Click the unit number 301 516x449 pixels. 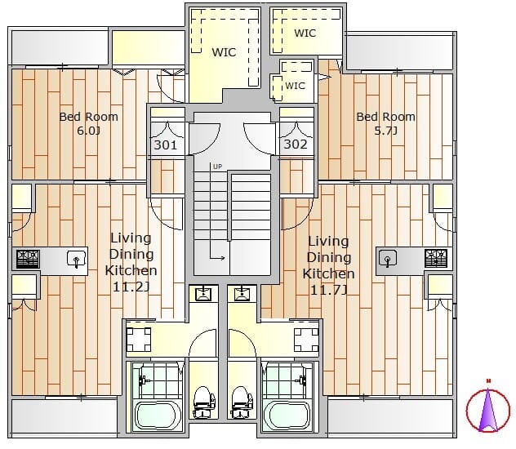coord(166,144)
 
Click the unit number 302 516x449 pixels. coord(296,144)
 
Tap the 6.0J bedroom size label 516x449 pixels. coord(88,131)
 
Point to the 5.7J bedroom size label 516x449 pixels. coord(385,131)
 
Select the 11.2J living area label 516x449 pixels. coord(131,287)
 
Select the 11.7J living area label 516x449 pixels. coord(328,290)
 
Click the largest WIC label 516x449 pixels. coord(224,52)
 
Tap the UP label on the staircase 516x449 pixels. coord(217,167)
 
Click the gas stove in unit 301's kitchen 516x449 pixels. coord(28,259)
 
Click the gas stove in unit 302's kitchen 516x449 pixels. coord(436,258)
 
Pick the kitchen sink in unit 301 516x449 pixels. coord(77,259)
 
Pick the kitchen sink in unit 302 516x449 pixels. coord(388,258)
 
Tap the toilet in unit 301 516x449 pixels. coord(204,402)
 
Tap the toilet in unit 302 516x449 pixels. coord(242,402)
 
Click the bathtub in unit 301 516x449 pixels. coord(155,416)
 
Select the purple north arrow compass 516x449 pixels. coord(488,407)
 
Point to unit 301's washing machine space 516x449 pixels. coord(139,339)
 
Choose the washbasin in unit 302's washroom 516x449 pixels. coord(242,294)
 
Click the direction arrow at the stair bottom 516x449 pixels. coord(217,258)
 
